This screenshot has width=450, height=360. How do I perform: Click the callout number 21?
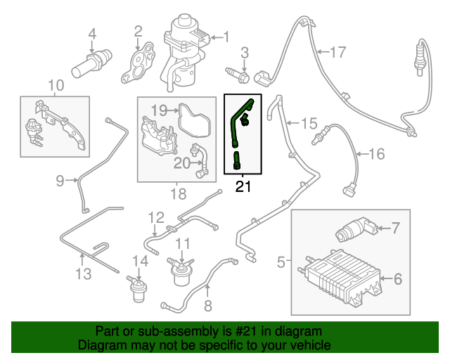click(243, 186)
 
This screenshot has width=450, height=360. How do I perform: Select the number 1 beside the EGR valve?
click(226, 36)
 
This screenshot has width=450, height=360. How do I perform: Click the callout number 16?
click(377, 153)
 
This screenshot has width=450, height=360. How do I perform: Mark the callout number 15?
click(309, 124)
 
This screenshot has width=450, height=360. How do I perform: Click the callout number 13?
click(84, 274)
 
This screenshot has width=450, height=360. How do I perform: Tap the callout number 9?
click(60, 181)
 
